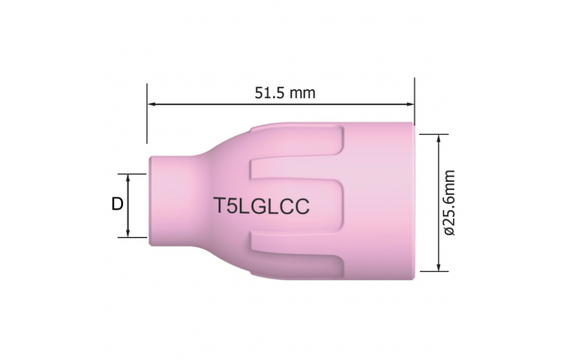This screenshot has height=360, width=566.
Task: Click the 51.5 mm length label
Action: tap(285, 93)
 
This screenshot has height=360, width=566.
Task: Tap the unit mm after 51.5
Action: tap(302, 94)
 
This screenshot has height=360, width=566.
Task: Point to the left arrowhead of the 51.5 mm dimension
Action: tap(152, 105)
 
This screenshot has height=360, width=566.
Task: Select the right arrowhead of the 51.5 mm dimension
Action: tap(410, 105)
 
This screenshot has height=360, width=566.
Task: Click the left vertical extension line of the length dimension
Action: tap(147, 114)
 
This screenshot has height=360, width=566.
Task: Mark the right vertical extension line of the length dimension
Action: tap(414, 102)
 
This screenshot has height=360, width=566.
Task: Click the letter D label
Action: tap(118, 204)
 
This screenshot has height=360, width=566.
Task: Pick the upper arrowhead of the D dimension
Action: tap(128, 178)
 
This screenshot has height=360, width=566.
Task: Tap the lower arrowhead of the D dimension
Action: tap(128, 233)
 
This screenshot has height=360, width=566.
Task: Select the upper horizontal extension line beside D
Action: tap(132, 174)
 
